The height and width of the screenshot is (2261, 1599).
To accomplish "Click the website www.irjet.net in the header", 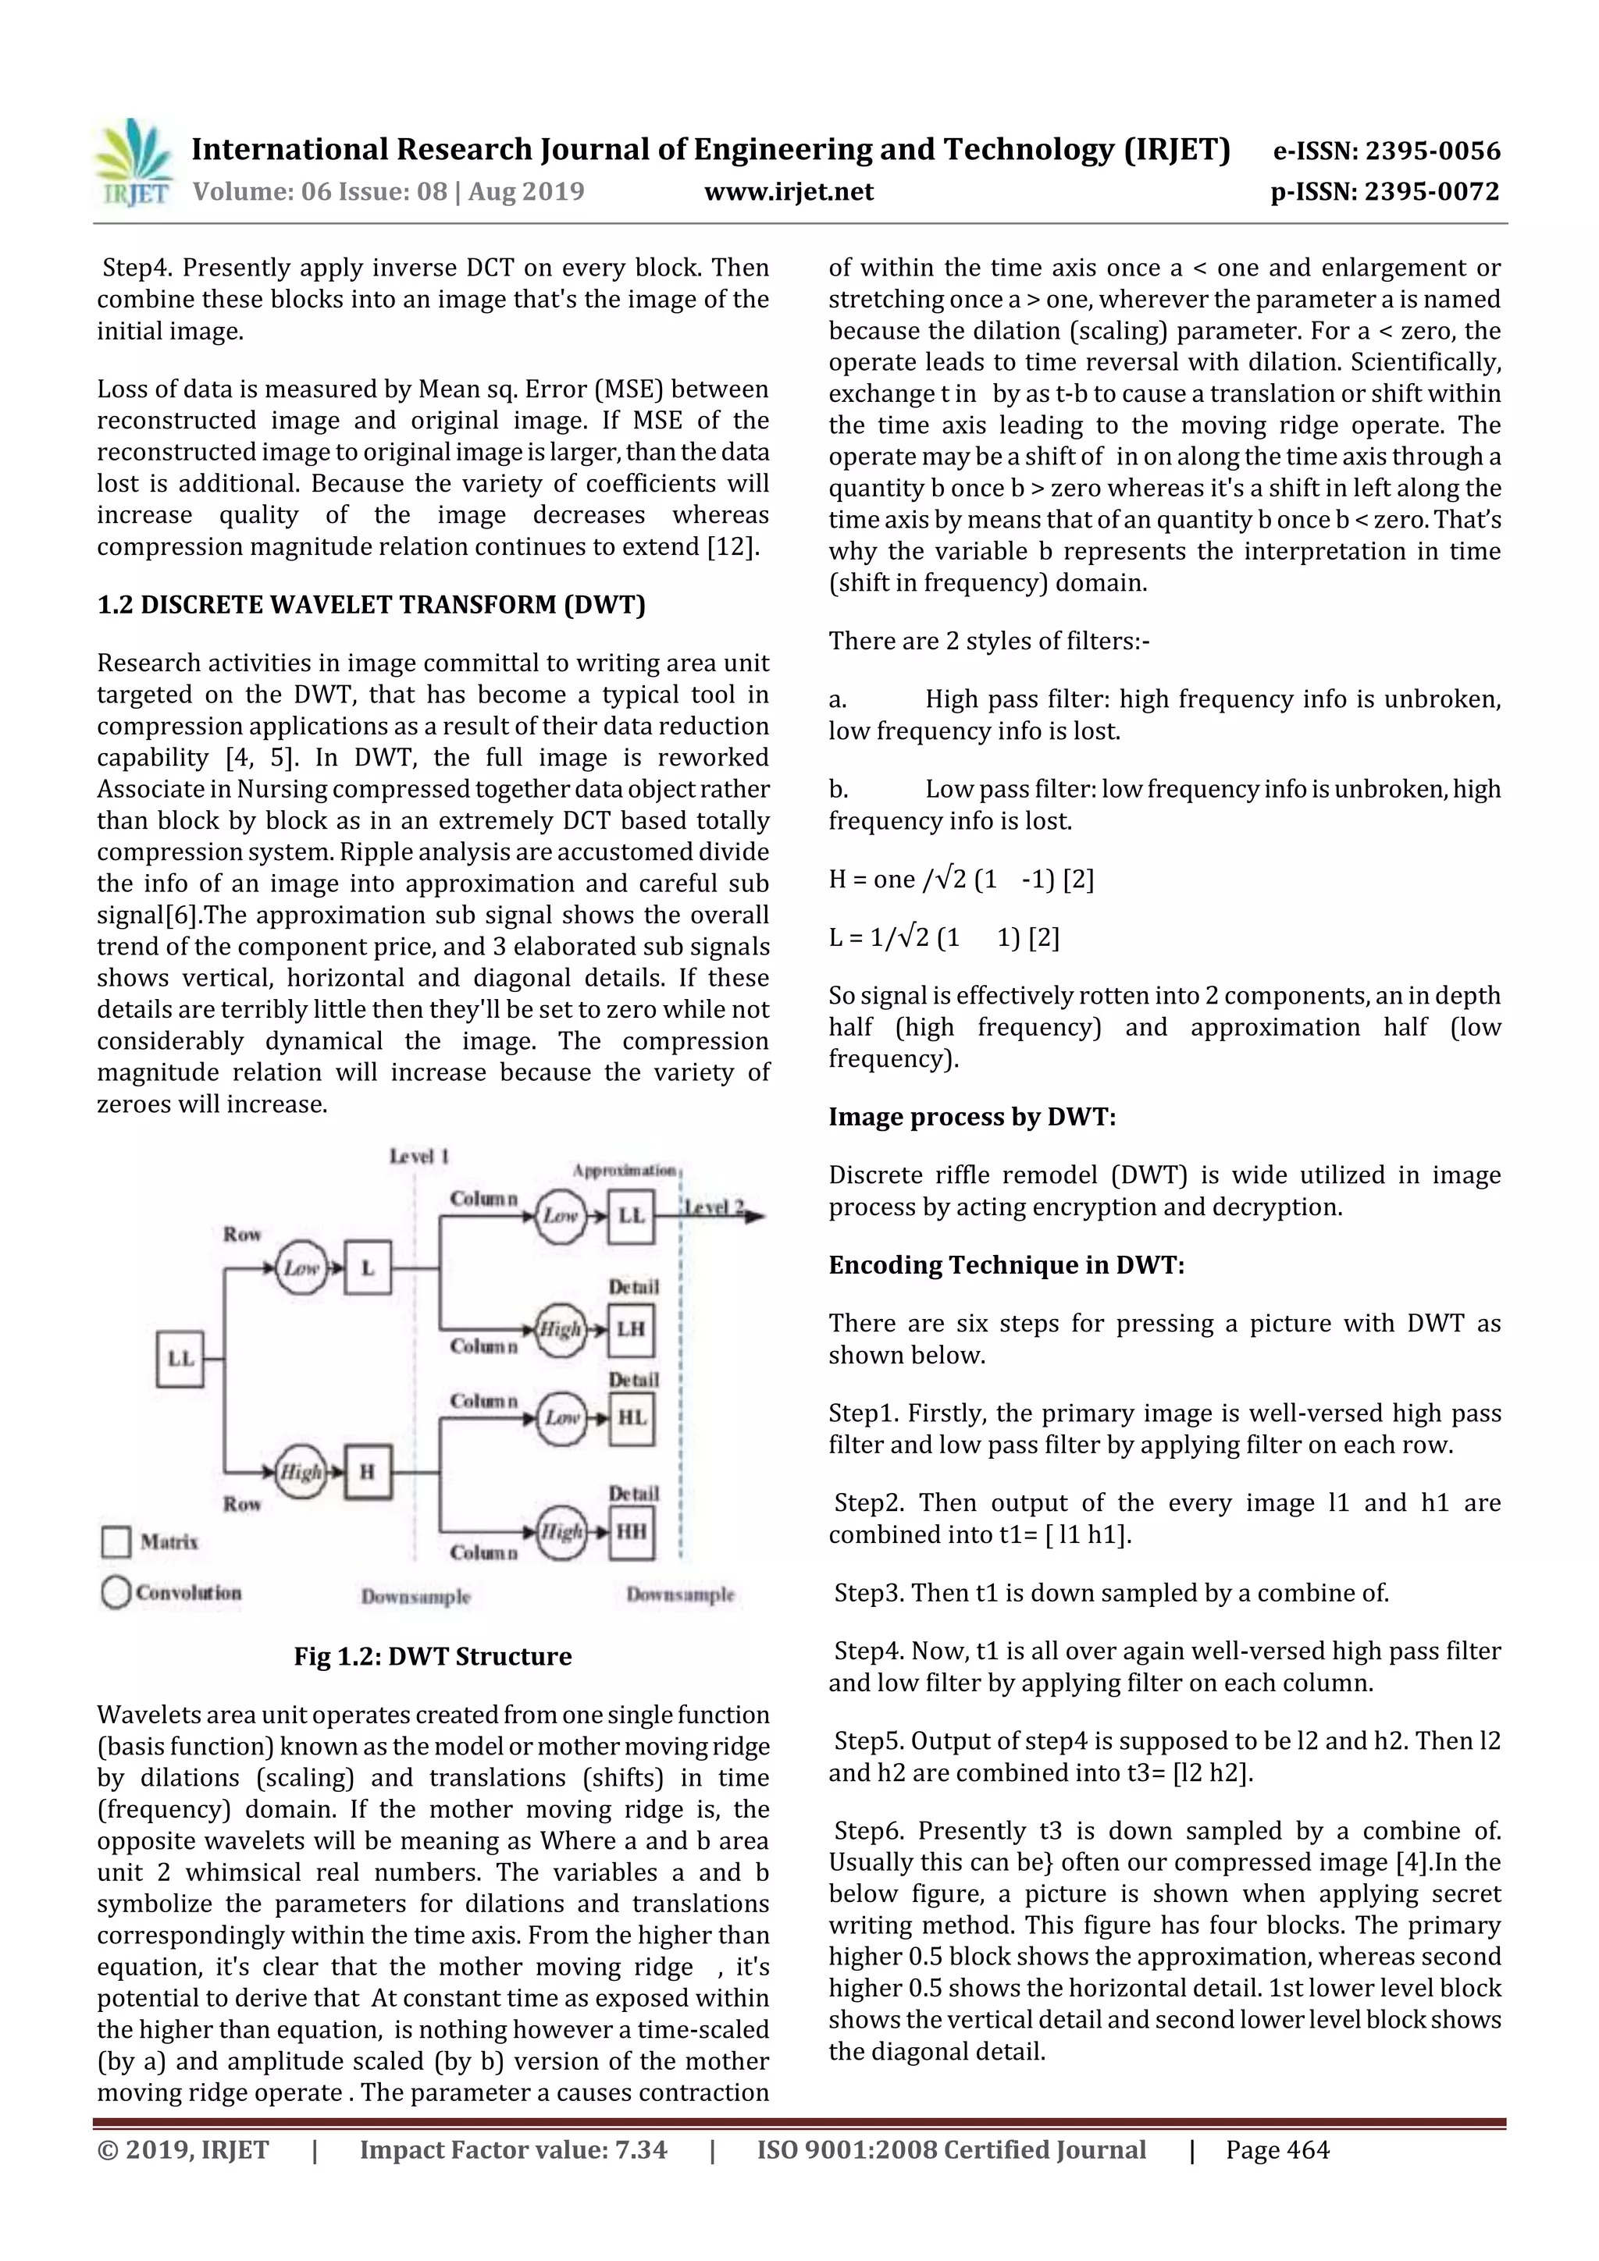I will click(788, 192).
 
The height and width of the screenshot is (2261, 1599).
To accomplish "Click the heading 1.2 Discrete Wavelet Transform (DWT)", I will click(370, 605).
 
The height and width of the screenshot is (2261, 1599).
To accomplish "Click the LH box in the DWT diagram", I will click(631, 1329).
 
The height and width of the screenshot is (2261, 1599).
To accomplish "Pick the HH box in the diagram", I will click(631, 1532).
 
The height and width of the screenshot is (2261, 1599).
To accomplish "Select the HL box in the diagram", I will click(631, 1418).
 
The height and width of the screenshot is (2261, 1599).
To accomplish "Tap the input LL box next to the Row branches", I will click(180, 1359).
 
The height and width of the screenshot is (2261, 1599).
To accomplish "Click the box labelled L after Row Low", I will click(368, 1267).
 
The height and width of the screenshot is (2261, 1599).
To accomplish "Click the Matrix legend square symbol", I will click(116, 1542).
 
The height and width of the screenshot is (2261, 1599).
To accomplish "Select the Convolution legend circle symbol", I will click(116, 1592).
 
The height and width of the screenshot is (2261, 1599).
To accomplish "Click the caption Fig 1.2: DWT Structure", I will click(433, 1656).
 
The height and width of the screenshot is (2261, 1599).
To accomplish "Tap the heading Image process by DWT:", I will click(971, 1117).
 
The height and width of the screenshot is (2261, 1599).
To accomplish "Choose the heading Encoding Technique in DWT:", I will click(1006, 1265).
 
